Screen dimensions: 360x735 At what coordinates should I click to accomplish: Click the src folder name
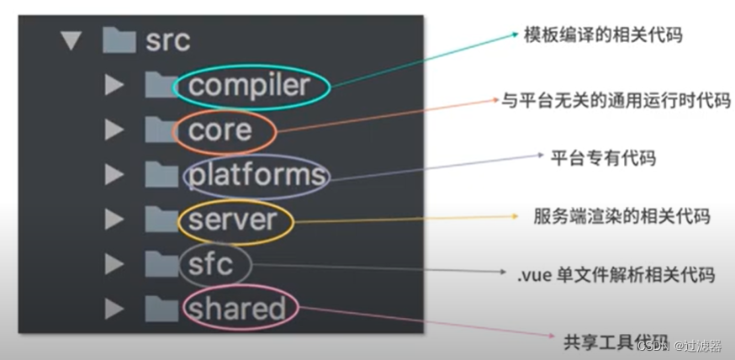pyautogui.click(x=167, y=40)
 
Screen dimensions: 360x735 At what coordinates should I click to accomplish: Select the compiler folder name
pyautogui.click(x=250, y=85)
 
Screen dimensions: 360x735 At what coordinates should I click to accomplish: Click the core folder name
pyautogui.click(x=220, y=130)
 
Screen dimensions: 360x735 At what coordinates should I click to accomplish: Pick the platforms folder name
pyautogui.click(x=256, y=175)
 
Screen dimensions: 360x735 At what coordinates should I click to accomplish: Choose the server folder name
pyautogui.click(x=232, y=220)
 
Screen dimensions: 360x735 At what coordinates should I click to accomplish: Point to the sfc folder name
pyautogui.click(x=210, y=264)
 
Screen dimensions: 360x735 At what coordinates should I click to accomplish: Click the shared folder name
pyautogui.click(x=237, y=309)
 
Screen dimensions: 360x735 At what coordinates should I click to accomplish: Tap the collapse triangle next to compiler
pyautogui.click(x=114, y=86)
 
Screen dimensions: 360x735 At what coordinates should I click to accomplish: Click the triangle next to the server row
pyautogui.click(x=114, y=220)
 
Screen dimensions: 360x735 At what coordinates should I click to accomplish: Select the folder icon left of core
pyautogui.click(x=159, y=130)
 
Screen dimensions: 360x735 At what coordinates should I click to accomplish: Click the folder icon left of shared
pyautogui.click(x=159, y=308)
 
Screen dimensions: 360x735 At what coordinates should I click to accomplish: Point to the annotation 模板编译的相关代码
pyautogui.click(x=602, y=34)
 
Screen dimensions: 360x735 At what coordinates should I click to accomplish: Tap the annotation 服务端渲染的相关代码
pyautogui.click(x=621, y=216)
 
